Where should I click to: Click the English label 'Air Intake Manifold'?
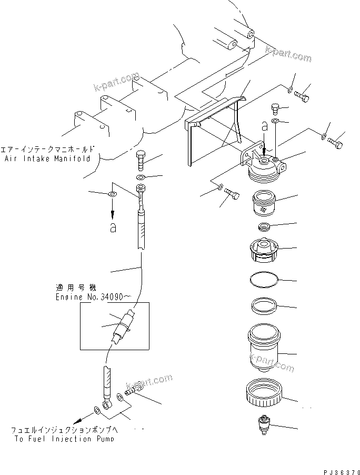[x=47, y=158]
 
